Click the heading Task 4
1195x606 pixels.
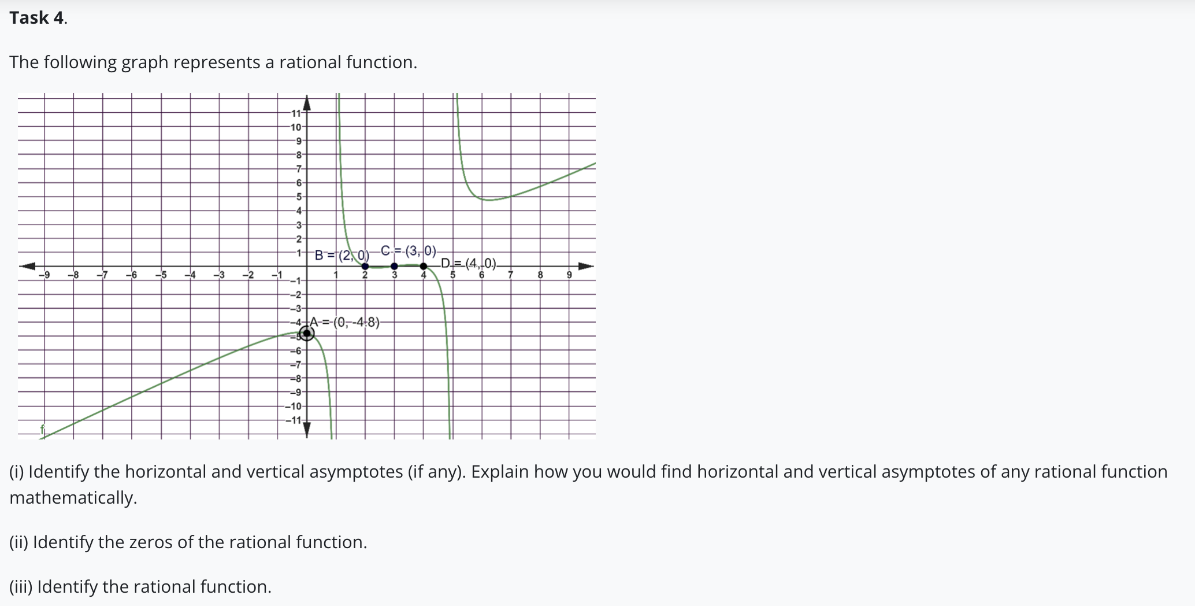(38, 18)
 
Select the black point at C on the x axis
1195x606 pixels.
(394, 266)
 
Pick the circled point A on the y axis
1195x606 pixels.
(307, 333)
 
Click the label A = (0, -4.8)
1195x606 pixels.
(345, 322)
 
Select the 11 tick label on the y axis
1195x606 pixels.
(295, 113)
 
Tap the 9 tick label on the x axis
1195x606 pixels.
(569, 275)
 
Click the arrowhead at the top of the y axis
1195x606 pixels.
(307, 102)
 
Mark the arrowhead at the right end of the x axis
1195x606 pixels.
(586, 266)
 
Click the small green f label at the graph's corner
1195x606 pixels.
(42, 429)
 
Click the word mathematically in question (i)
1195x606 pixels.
(72, 497)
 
